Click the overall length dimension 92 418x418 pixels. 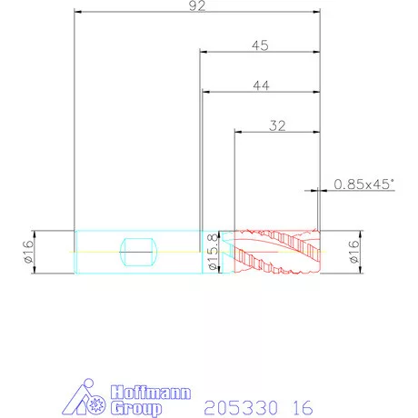[x=197, y=6]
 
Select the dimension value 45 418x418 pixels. [x=260, y=45]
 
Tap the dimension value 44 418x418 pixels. [x=261, y=85]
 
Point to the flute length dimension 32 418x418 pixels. [x=277, y=125]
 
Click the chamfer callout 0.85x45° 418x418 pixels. [x=364, y=184]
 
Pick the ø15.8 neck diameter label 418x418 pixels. [x=214, y=252]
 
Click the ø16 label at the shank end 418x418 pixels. [x=27, y=252]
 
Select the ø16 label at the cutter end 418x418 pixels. [x=353, y=252]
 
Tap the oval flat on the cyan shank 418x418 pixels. [x=139, y=252]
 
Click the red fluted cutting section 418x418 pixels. [x=277, y=252]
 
